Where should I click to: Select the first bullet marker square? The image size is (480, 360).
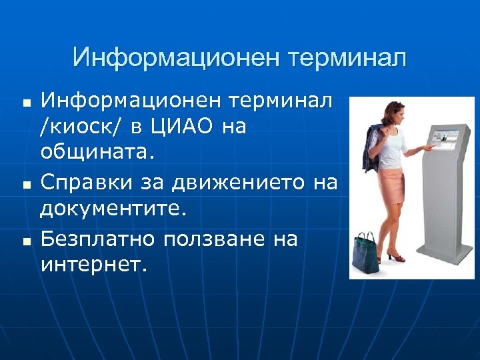[x=26, y=105]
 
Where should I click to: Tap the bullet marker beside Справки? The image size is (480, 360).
[x=26, y=183]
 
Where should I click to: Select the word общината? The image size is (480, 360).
[x=97, y=152]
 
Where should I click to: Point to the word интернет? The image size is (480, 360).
[x=91, y=265]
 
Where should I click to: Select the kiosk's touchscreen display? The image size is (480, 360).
[x=443, y=139]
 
